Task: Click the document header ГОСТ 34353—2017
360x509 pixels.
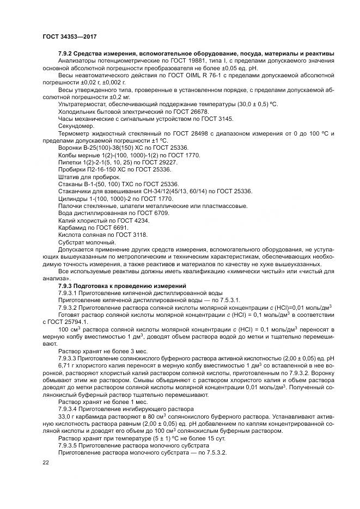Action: pyautogui.click(x=73, y=38)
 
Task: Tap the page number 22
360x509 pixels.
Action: pyautogui.click(x=46, y=463)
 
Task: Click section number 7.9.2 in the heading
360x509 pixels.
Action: pyautogui.click(x=68, y=52)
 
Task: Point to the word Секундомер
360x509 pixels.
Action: pyautogui.click(x=76, y=126)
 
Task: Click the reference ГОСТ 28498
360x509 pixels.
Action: pyautogui.click(x=186, y=134)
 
